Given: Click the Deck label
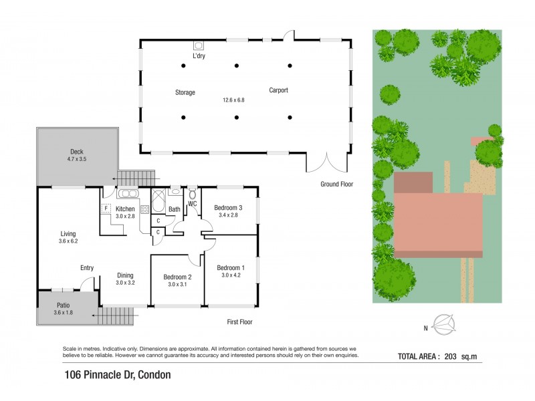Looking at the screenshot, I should (77, 152).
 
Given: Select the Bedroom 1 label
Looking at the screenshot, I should (230, 268).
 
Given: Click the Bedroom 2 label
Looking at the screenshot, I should (177, 277).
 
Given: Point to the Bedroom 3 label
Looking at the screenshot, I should (228, 208).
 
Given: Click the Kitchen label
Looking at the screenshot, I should (125, 209).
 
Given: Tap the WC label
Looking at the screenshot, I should (192, 203).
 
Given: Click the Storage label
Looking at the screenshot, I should (185, 93).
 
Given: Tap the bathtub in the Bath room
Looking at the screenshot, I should (159, 200).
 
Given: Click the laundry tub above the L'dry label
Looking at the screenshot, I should (198, 45).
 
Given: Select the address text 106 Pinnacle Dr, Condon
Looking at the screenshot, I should (117, 375).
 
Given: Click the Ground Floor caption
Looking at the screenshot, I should (336, 184).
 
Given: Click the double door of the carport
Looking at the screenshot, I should (328, 164).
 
